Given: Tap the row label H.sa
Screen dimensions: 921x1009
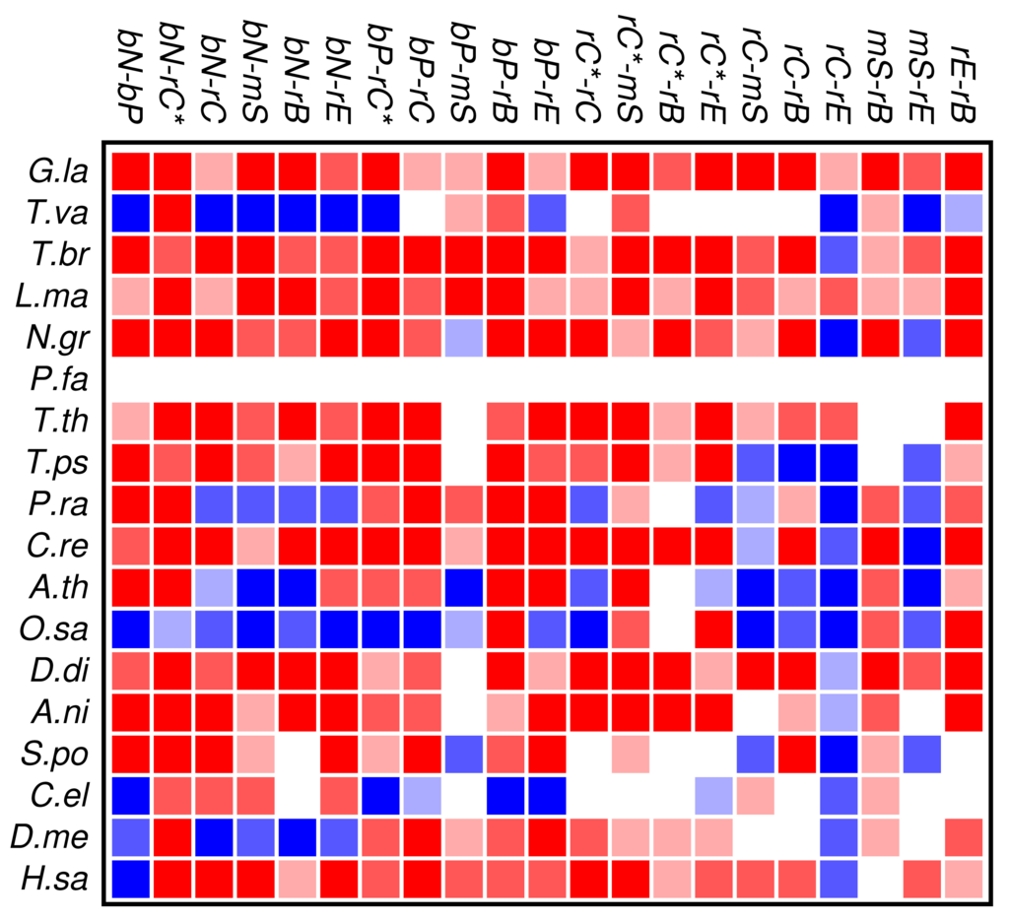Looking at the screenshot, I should point(59,880).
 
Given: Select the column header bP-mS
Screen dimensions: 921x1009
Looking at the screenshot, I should point(463,74).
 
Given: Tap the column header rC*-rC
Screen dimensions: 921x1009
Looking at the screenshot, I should point(588,74).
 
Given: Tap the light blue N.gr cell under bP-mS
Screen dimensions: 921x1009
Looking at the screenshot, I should point(463,337).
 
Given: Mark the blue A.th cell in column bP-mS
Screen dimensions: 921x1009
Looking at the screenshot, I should point(463,588).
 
